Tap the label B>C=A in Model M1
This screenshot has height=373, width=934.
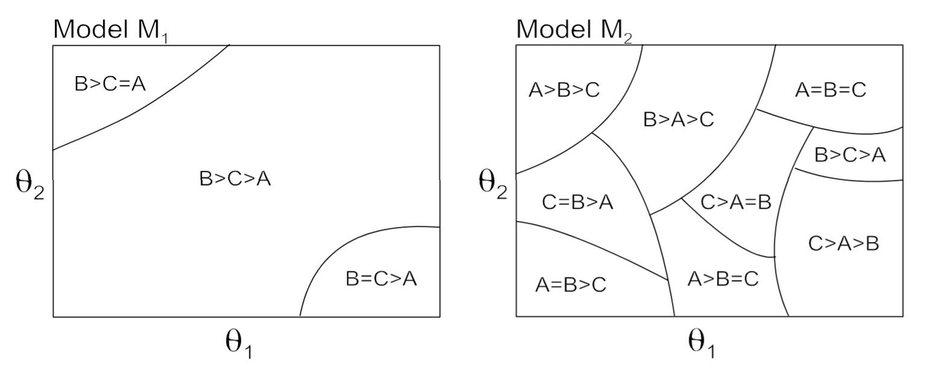(x=110, y=84)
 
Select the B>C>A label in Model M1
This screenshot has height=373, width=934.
(x=235, y=179)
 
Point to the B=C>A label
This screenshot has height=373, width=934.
(x=381, y=279)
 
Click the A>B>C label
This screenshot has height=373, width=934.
(x=564, y=90)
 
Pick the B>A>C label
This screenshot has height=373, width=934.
(x=679, y=120)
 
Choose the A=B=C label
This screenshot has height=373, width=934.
(x=830, y=90)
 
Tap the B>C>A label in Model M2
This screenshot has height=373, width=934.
(x=850, y=155)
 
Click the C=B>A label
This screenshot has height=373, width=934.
(x=577, y=202)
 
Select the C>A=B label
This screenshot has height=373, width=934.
(x=736, y=202)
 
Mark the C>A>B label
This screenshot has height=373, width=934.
(x=843, y=243)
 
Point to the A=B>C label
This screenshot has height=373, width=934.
(x=571, y=284)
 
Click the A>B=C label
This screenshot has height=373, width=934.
(x=722, y=279)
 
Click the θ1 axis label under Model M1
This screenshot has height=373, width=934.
(x=239, y=345)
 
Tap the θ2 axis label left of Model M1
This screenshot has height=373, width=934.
(x=30, y=186)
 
